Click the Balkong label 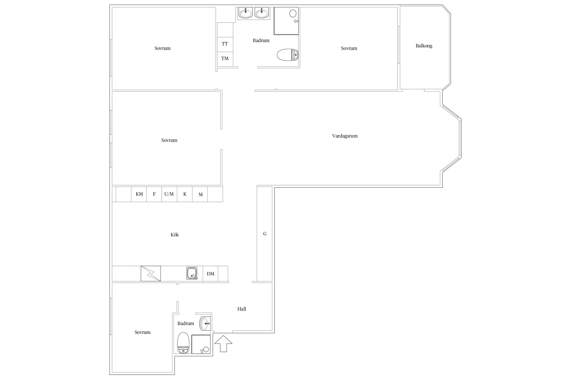(424, 46)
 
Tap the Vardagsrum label (345, 136)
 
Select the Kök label (175, 235)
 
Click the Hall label (242, 309)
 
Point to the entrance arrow (223, 344)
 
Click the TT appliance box (225, 44)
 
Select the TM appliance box (225, 59)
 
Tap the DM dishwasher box (210, 274)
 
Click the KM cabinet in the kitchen (139, 194)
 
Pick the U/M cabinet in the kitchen (169, 194)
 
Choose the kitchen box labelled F (154, 194)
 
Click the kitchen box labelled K (185, 194)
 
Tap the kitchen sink (192, 273)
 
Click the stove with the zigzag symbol (151, 274)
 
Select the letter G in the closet (265, 234)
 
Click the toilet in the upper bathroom (288, 55)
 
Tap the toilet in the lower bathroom (183, 343)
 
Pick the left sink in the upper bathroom (246, 13)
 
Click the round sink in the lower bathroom (205, 324)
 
